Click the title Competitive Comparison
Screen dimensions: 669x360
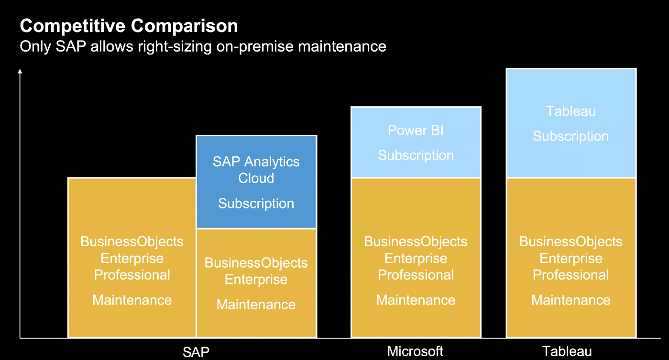(129, 26)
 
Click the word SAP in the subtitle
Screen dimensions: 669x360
(71, 46)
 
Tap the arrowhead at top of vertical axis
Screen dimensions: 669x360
(20, 71)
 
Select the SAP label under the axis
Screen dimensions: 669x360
(196, 352)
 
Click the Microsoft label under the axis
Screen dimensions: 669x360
(415, 351)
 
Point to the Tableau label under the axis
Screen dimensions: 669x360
(567, 351)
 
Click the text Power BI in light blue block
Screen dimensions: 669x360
(416, 131)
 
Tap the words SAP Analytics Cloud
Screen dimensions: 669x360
(256, 170)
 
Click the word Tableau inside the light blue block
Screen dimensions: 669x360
(571, 111)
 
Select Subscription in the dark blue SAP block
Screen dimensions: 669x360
(256, 204)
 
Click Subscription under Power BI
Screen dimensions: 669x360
(416, 155)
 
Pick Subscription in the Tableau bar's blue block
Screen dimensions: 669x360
(571, 136)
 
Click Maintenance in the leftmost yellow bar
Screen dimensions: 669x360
(132, 300)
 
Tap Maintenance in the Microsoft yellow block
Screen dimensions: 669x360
(416, 300)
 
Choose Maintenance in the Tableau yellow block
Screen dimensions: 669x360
(571, 300)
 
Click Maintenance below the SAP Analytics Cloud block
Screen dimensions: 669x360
(256, 305)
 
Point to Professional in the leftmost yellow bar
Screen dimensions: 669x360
(132, 275)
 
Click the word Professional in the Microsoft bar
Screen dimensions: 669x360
(416, 275)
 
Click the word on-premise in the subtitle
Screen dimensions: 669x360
(255, 47)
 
